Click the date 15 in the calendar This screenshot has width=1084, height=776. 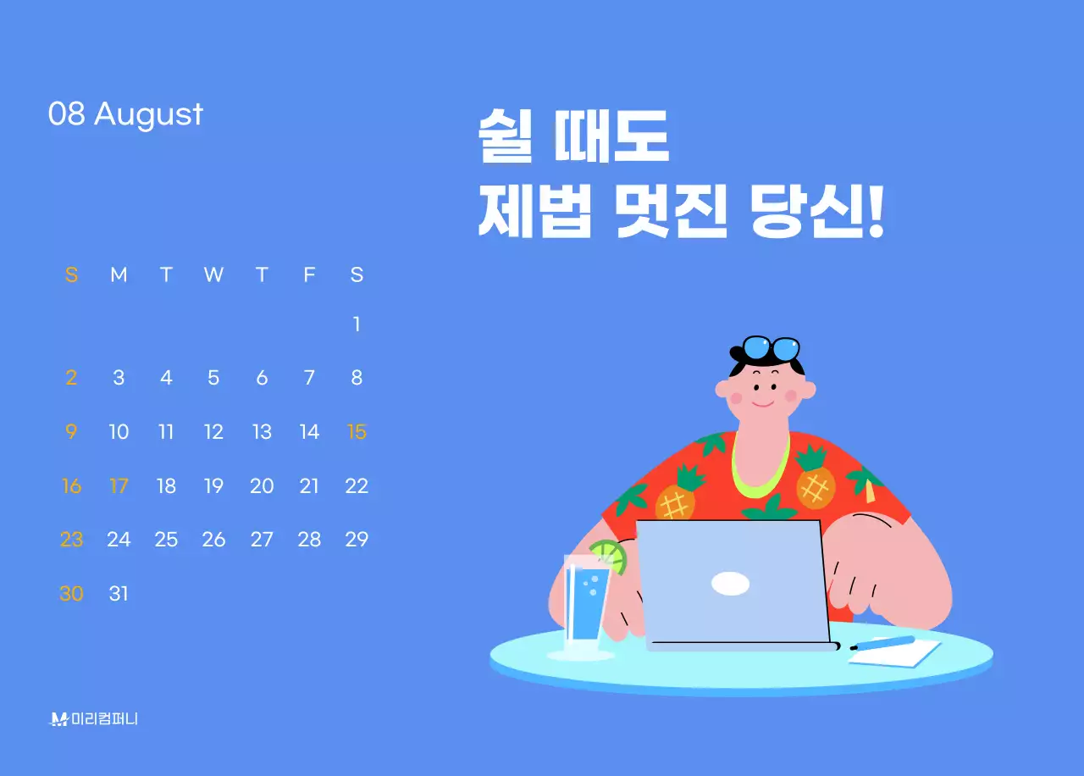point(357,432)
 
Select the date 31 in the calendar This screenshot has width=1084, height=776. point(119,594)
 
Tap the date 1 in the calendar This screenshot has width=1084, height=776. point(357,324)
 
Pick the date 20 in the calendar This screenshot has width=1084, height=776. point(262,486)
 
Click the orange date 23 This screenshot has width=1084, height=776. point(71,540)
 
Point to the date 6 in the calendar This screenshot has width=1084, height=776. point(262,378)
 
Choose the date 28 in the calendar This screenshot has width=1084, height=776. point(309,540)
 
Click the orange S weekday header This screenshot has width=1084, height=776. point(71,274)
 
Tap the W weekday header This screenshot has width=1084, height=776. point(213,274)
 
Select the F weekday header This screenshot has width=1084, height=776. point(309,274)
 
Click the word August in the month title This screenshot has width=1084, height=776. point(148,114)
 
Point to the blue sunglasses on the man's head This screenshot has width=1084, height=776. point(771,348)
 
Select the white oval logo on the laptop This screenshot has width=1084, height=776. point(730,583)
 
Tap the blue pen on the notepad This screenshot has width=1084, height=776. point(882,643)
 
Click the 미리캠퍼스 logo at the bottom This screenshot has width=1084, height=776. point(94,719)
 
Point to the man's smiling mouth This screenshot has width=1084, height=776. point(763,403)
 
